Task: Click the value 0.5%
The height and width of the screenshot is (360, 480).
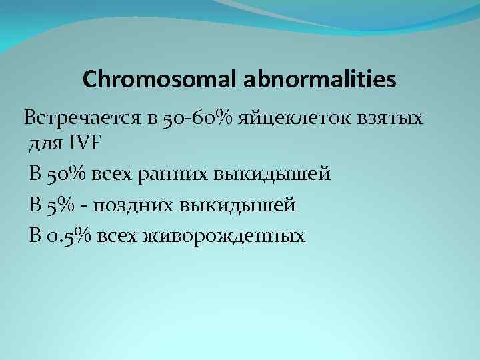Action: click(71, 235)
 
